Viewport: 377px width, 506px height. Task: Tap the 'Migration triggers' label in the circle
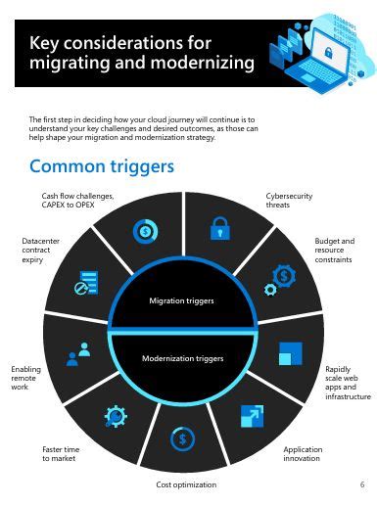pyautogui.click(x=181, y=300)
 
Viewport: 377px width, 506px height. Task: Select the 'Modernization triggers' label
pyautogui.click(x=183, y=358)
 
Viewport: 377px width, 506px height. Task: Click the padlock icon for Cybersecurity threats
pyautogui.click(x=219, y=230)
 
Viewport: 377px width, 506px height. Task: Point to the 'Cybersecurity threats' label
pyautogui.click(x=289, y=201)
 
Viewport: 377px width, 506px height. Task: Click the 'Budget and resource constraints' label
pyautogui.click(x=334, y=251)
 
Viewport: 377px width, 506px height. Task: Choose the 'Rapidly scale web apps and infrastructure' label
pyautogui.click(x=348, y=383)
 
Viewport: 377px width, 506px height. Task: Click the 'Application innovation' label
pyautogui.click(x=303, y=454)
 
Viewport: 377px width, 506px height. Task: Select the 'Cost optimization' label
pyautogui.click(x=186, y=484)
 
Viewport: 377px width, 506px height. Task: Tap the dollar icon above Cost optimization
pyautogui.click(x=182, y=439)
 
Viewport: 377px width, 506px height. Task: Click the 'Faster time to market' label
pyautogui.click(x=61, y=454)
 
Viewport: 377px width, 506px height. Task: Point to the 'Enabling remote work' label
pyautogui.click(x=27, y=378)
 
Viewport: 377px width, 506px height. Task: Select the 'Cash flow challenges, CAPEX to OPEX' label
pyautogui.click(x=77, y=201)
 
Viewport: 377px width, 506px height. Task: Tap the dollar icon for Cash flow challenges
pyautogui.click(x=145, y=232)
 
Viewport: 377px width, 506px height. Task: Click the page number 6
pyautogui.click(x=361, y=484)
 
